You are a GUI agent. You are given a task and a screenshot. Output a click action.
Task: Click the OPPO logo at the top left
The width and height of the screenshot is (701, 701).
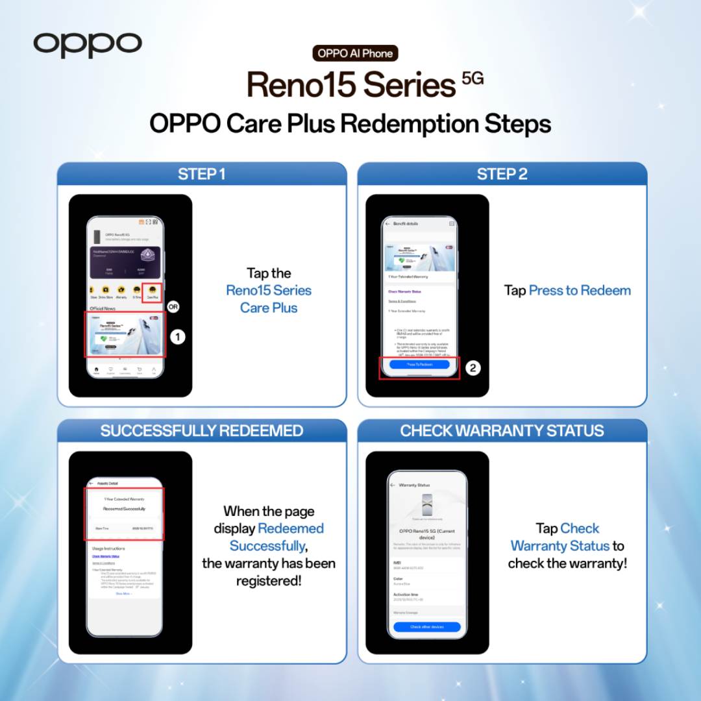pyautogui.click(x=88, y=44)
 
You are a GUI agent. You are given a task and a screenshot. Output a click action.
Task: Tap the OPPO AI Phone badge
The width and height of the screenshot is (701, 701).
pyautogui.click(x=355, y=53)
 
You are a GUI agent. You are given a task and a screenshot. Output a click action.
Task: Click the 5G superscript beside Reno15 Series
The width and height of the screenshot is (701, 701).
pyautogui.click(x=473, y=80)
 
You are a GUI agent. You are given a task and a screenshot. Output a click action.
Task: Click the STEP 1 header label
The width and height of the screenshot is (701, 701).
pyautogui.click(x=202, y=174)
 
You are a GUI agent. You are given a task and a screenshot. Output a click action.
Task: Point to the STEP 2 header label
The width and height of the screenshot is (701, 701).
pyautogui.click(x=502, y=174)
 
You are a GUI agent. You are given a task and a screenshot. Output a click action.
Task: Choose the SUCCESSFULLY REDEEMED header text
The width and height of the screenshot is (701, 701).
pyautogui.click(x=202, y=430)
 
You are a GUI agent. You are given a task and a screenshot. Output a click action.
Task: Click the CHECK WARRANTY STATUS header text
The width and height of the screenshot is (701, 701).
pyautogui.click(x=502, y=430)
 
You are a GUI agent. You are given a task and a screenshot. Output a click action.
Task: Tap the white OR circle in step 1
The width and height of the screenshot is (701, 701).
pyautogui.click(x=173, y=306)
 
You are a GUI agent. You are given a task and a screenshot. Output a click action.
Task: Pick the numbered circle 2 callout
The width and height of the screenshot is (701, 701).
pyautogui.click(x=473, y=368)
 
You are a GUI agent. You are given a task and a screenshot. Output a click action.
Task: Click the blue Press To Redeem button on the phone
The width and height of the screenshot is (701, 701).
pyautogui.click(x=419, y=365)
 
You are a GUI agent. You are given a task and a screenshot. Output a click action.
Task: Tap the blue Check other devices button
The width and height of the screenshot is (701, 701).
pyautogui.click(x=426, y=627)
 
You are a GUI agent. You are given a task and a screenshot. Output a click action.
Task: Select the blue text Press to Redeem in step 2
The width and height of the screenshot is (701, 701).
pyautogui.click(x=580, y=290)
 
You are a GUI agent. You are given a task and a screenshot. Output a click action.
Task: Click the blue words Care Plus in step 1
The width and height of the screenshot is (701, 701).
pyautogui.click(x=269, y=308)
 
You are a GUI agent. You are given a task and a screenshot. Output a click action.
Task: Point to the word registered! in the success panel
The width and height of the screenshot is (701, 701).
pyautogui.click(x=269, y=580)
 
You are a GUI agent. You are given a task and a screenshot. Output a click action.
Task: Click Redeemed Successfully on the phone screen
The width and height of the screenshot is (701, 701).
pyautogui.click(x=125, y=509)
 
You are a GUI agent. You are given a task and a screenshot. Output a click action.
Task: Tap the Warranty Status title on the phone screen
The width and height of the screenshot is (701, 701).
pyautogui.click(x=414, y=485)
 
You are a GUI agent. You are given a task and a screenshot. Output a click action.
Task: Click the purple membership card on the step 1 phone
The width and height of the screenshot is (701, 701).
pyautogui.click(x=125, y=260)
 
